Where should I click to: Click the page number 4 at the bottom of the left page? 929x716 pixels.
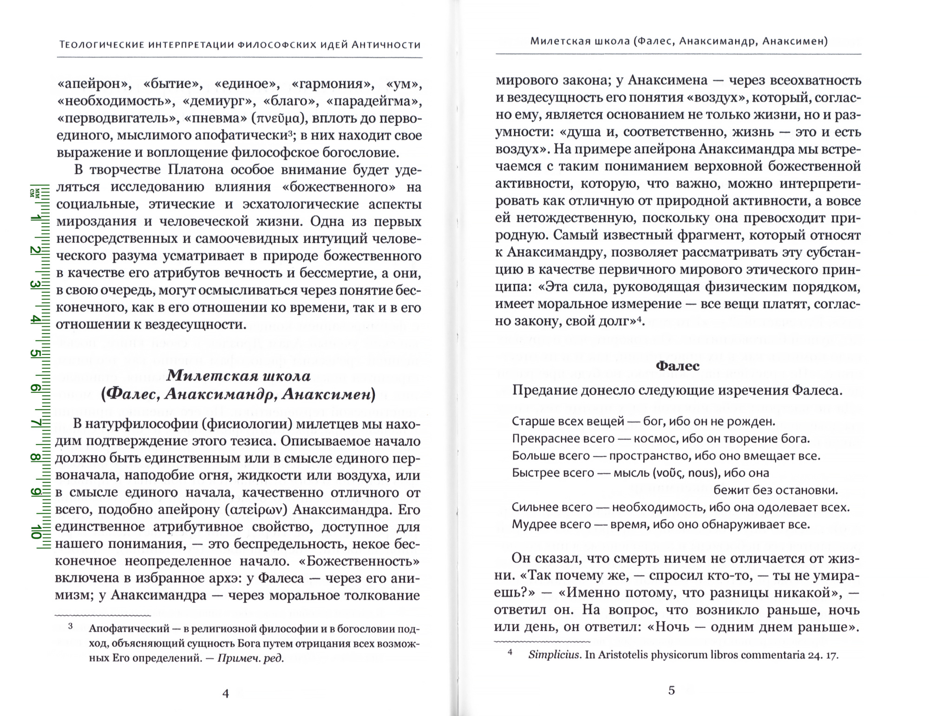pyautogui.click(x=226, y=694)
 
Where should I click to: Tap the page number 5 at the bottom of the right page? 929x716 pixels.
pyautogui.click(x=671, y=690)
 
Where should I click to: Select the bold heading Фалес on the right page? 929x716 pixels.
pyautogui.click(x=678, y=366)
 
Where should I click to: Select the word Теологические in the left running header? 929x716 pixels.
pyautogui.click(x=100, y=45)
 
